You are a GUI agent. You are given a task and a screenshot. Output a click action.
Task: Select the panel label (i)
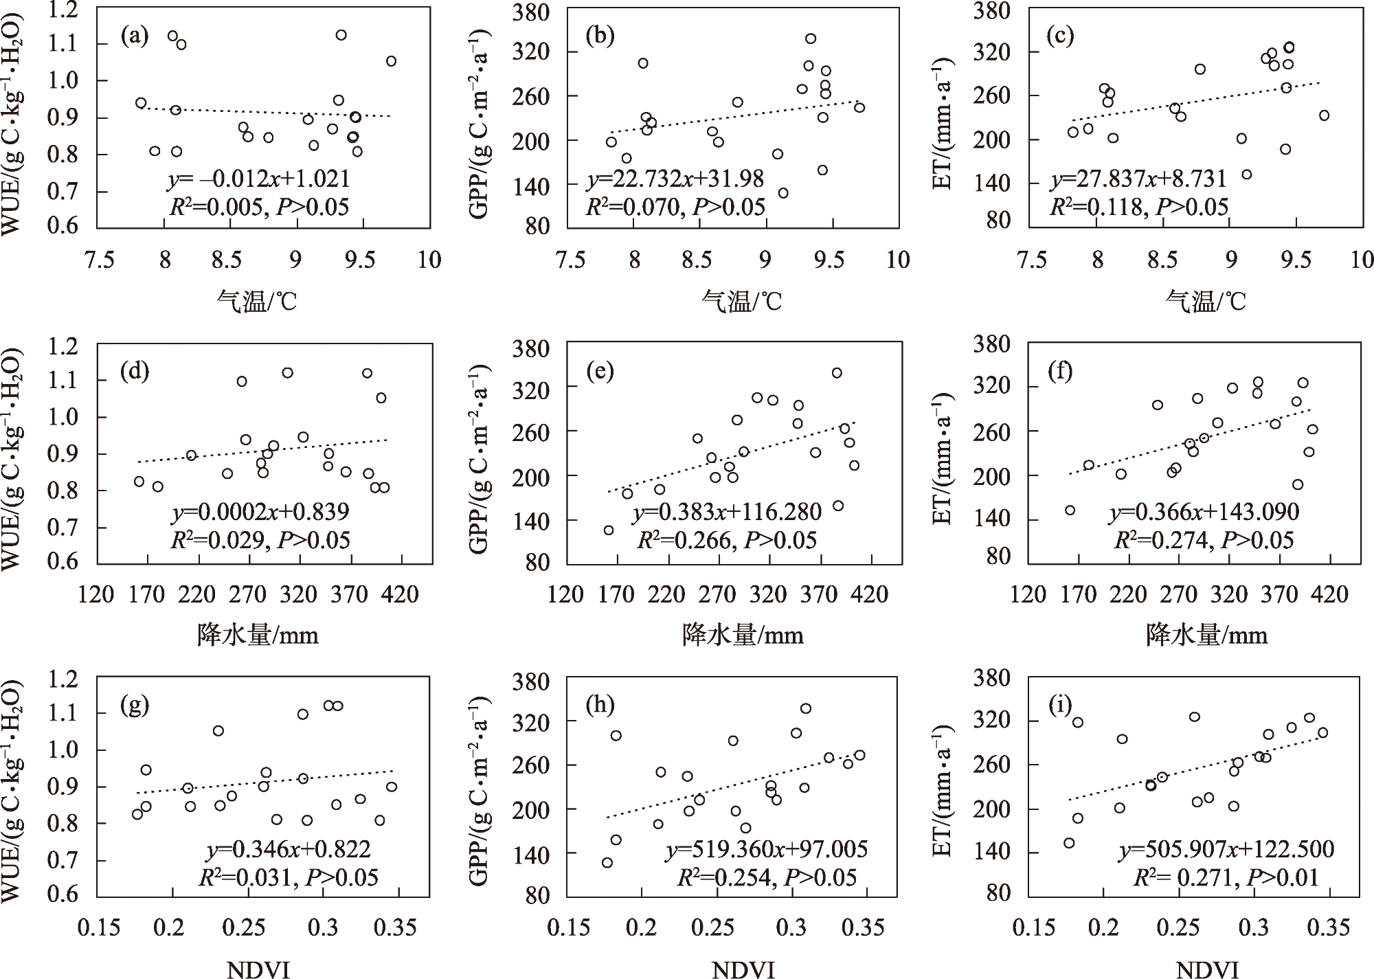point(1061,706)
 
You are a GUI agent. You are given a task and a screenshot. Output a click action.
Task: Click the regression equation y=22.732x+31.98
point(675,179)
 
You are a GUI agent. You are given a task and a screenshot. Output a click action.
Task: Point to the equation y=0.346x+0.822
point(289,850)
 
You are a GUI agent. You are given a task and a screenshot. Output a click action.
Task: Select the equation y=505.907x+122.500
point(1226,850)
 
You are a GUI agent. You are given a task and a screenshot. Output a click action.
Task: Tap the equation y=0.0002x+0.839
point(260,512)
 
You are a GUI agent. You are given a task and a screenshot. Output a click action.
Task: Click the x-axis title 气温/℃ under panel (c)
point(1206,301)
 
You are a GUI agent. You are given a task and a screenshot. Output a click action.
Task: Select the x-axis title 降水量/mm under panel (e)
point(743,635)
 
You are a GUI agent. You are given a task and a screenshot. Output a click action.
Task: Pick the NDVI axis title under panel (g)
point(258,969)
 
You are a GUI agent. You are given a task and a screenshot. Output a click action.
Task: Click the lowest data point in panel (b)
point(782,193)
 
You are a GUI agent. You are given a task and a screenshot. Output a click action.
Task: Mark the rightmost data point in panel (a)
point(391,61)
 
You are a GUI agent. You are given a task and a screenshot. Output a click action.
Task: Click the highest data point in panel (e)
point(837,373)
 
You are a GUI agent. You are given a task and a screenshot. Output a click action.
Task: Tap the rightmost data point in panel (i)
point(1322,732)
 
